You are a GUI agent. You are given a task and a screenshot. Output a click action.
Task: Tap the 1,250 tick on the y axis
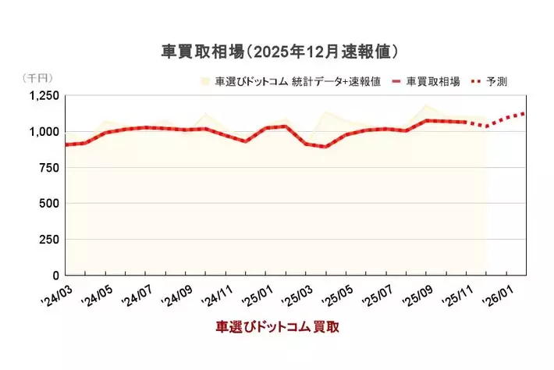coord(44,95)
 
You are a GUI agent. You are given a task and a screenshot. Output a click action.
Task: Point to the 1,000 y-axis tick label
coord(44,131)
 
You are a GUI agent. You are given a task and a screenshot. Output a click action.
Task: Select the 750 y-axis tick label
coord(49,167)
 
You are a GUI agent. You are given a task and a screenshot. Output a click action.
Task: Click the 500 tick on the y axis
coord(49,203)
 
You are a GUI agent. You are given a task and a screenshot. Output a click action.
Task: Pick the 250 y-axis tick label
coord(49,239)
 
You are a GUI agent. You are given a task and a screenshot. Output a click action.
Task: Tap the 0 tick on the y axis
coord(55,275)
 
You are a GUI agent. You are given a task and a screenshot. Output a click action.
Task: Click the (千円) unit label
coord(37,78)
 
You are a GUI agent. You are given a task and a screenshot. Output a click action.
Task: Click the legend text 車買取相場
coord(433,81)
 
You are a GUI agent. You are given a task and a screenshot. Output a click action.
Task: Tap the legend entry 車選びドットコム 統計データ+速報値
coord(297,81)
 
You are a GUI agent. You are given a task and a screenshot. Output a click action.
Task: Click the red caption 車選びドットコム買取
coord(277,327)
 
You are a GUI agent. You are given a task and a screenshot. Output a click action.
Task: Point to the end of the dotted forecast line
coord(525,113)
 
